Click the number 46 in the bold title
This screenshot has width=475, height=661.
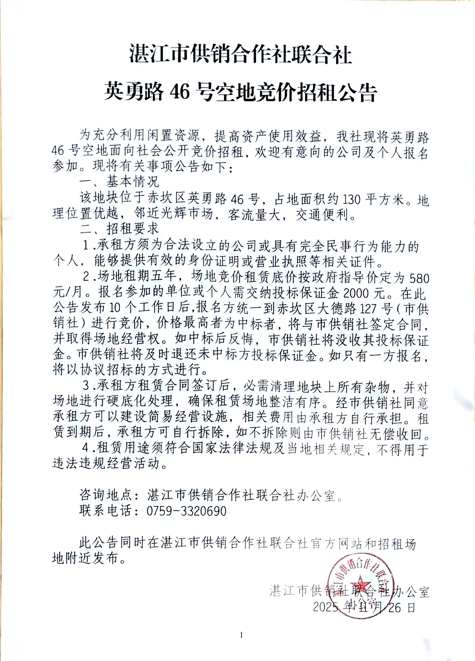click(x=180, y=92)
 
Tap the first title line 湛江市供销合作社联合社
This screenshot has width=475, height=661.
click(x=241, y=55)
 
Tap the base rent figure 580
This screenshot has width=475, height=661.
click(x=419, y=279)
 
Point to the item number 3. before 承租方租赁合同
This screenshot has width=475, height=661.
click(x=87, y=386)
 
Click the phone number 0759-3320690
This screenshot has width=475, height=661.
click(x=186, y=511)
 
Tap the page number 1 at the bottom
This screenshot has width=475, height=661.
click(x=242, y=635)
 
